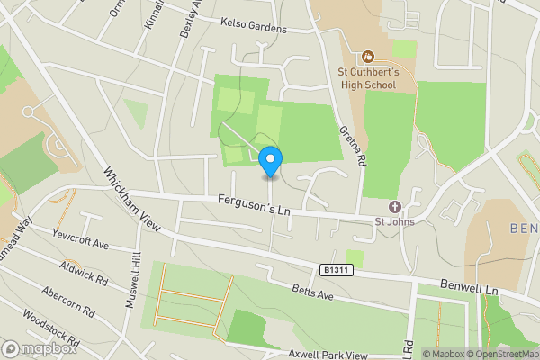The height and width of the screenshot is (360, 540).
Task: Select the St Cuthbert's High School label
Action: (367, 79)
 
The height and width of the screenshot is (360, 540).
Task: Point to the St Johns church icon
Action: (394, 207)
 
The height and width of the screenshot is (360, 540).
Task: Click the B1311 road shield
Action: (333, 269)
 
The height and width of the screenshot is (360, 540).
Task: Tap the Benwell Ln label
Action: (468, 287)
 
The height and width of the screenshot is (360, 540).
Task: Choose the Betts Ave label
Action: (312, 294)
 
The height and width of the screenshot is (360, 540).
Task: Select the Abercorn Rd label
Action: (67, 302)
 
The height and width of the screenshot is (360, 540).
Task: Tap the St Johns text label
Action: (394, 221)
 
